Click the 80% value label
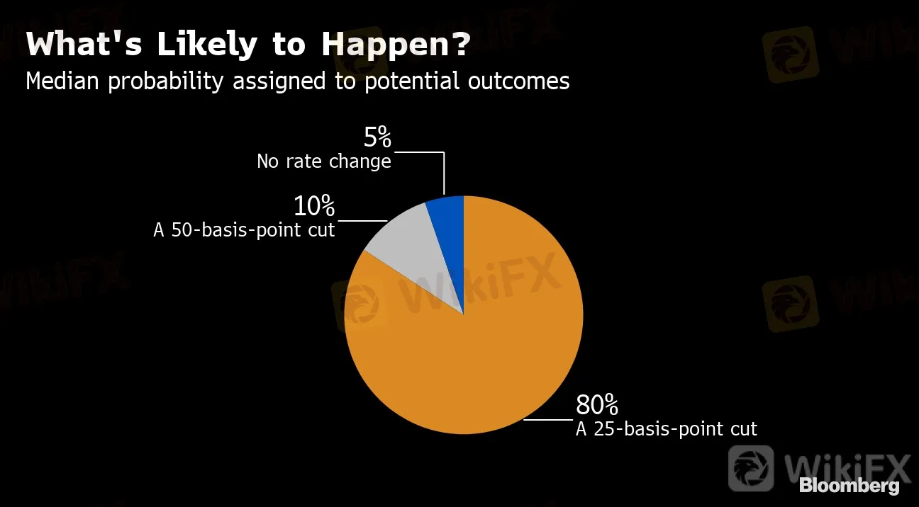click(597, 404)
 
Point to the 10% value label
click(314, 205)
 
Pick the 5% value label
click(377, 137)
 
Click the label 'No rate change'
click(324, 161)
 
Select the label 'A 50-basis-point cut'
click(244, 230)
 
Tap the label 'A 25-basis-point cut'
click(667, 429)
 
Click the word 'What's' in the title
click(84, 43)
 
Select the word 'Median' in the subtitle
click(62, 81)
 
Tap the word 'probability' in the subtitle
click(166, 81)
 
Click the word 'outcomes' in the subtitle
click(518, 81)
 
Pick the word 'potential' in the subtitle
click(411, 81)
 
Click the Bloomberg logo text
click(850, 486)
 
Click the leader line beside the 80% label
click(548, 420)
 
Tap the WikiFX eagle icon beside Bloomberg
click(751, 469)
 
